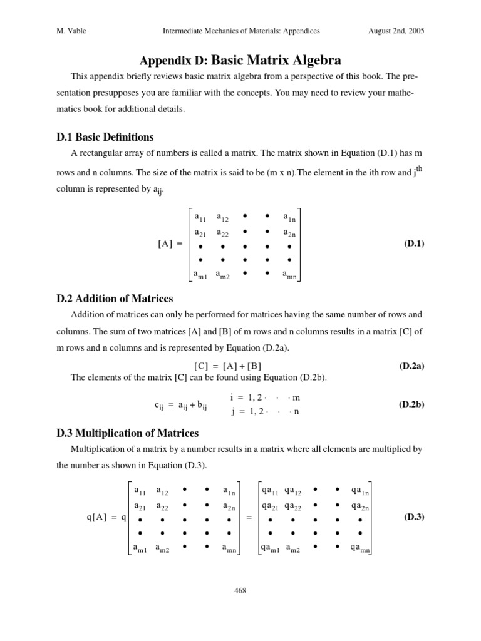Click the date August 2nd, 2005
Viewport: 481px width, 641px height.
(389, 30)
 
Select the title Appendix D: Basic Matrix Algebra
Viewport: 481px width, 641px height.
(240, 61)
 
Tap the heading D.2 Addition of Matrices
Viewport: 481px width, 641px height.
(114, 298)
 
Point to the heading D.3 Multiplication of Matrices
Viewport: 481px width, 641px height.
(127, 433)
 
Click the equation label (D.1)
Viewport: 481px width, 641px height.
(414, 244)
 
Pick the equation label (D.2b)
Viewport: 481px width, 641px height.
(411, 404)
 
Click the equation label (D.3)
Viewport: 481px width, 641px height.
(414, 516)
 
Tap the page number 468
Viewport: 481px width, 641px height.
(240, 589)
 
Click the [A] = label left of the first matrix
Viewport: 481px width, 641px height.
(170, 244)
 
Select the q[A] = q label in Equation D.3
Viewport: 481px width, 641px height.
(106, 517)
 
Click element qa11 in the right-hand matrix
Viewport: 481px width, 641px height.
(271, 491)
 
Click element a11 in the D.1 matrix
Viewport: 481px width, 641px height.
(200, 218)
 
